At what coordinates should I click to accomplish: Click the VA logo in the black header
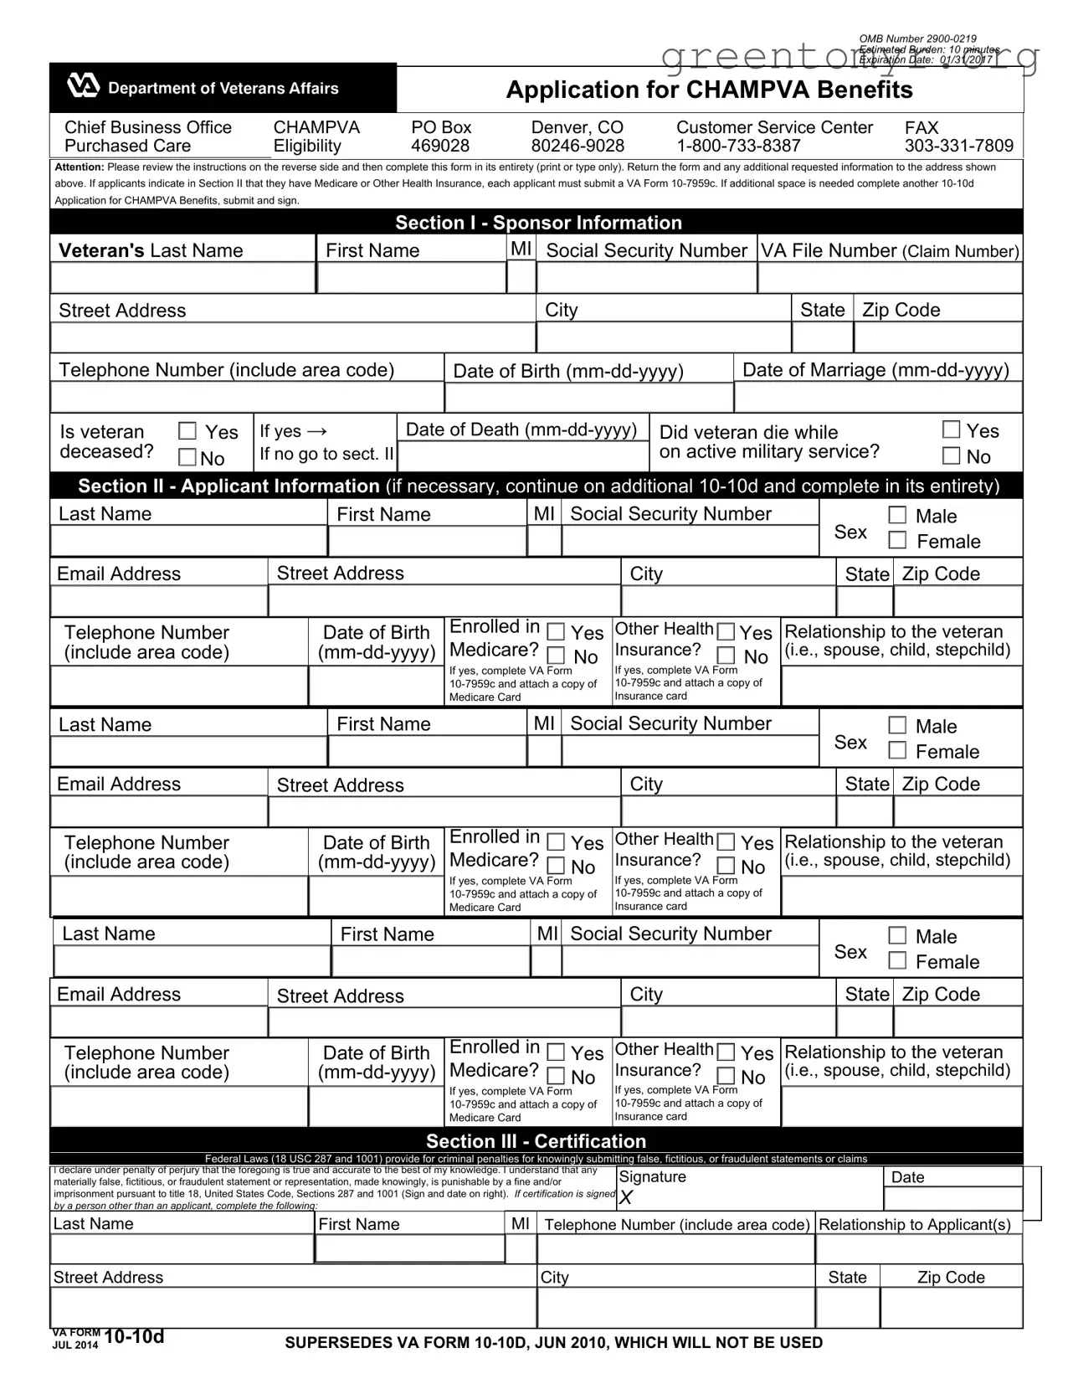[83, 87]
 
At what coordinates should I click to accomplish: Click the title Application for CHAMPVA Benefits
[709, 90]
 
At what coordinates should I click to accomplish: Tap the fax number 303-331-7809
[958, 146]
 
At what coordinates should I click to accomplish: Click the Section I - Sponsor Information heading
[538, 223]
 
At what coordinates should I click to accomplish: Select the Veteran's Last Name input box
[182, 278]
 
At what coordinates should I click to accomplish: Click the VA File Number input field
[889, 278]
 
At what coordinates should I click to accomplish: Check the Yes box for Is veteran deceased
[188, 431]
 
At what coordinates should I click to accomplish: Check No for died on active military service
[951, 456]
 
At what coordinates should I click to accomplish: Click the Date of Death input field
[523, 456]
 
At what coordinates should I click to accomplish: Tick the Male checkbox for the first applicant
[897, 515]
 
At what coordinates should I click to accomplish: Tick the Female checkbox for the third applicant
[897, 960]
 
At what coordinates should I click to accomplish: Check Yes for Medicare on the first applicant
[556, 632]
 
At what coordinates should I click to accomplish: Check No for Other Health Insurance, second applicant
[726, 867]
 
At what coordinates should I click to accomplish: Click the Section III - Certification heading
[536, 1141]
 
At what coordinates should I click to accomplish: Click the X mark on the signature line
[626, 1198]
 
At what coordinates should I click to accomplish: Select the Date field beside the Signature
[952, 1198]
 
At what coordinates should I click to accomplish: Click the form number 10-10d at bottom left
[134, 1336]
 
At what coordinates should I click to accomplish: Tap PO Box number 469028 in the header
[440, 146]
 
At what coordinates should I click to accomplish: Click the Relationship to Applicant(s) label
[915, 1224]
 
